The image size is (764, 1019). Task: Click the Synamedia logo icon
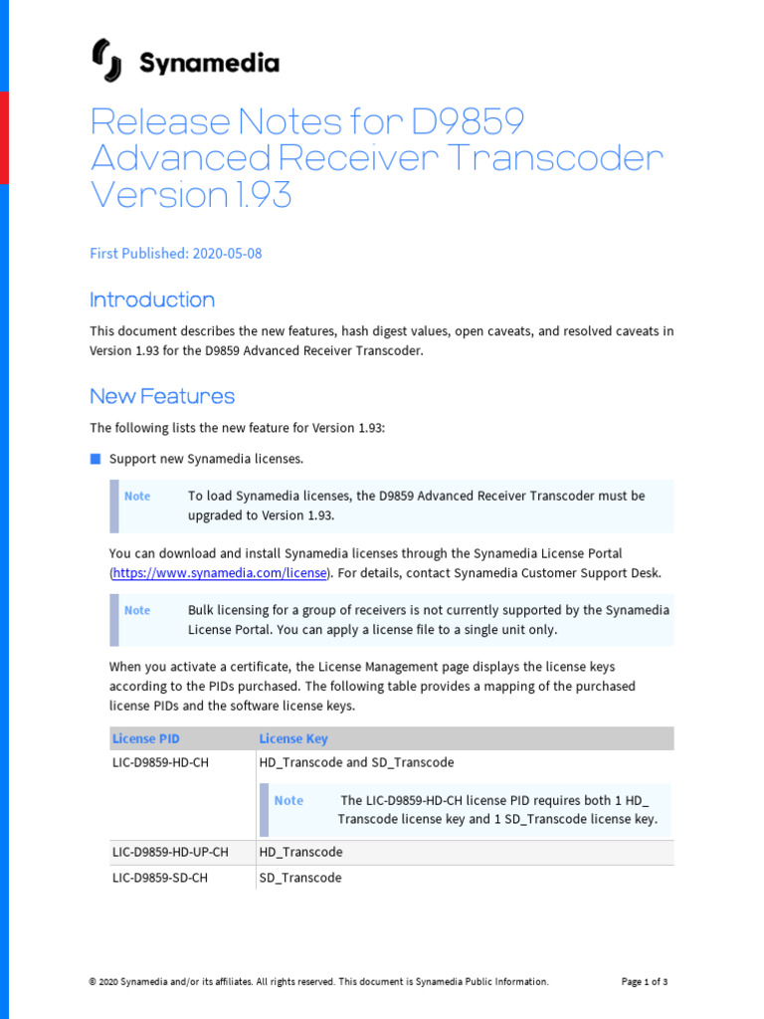tap(107, 62)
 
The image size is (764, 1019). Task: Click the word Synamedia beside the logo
tap(209, 64)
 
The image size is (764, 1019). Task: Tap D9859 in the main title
tap(465, 121)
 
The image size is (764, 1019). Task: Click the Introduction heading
tap(152, 300)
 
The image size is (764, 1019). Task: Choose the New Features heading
tap(162, 396)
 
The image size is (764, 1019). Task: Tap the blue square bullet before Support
tap(95, 459)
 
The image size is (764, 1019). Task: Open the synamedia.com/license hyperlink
tap(220, 573)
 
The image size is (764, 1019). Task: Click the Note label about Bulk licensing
tap(137, 610)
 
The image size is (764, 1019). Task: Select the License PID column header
tap(146, 738)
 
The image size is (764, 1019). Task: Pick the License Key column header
tap(293, 738)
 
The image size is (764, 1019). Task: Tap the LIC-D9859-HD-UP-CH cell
tap(170, 852)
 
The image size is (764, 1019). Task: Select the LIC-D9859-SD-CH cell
tap(160, 878)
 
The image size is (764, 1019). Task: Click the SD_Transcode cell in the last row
tap(300, 878)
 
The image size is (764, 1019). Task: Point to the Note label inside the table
tap(288, 800)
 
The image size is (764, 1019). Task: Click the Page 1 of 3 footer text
tap(645, 982)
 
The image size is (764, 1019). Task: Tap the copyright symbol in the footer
tap(93, 982)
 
